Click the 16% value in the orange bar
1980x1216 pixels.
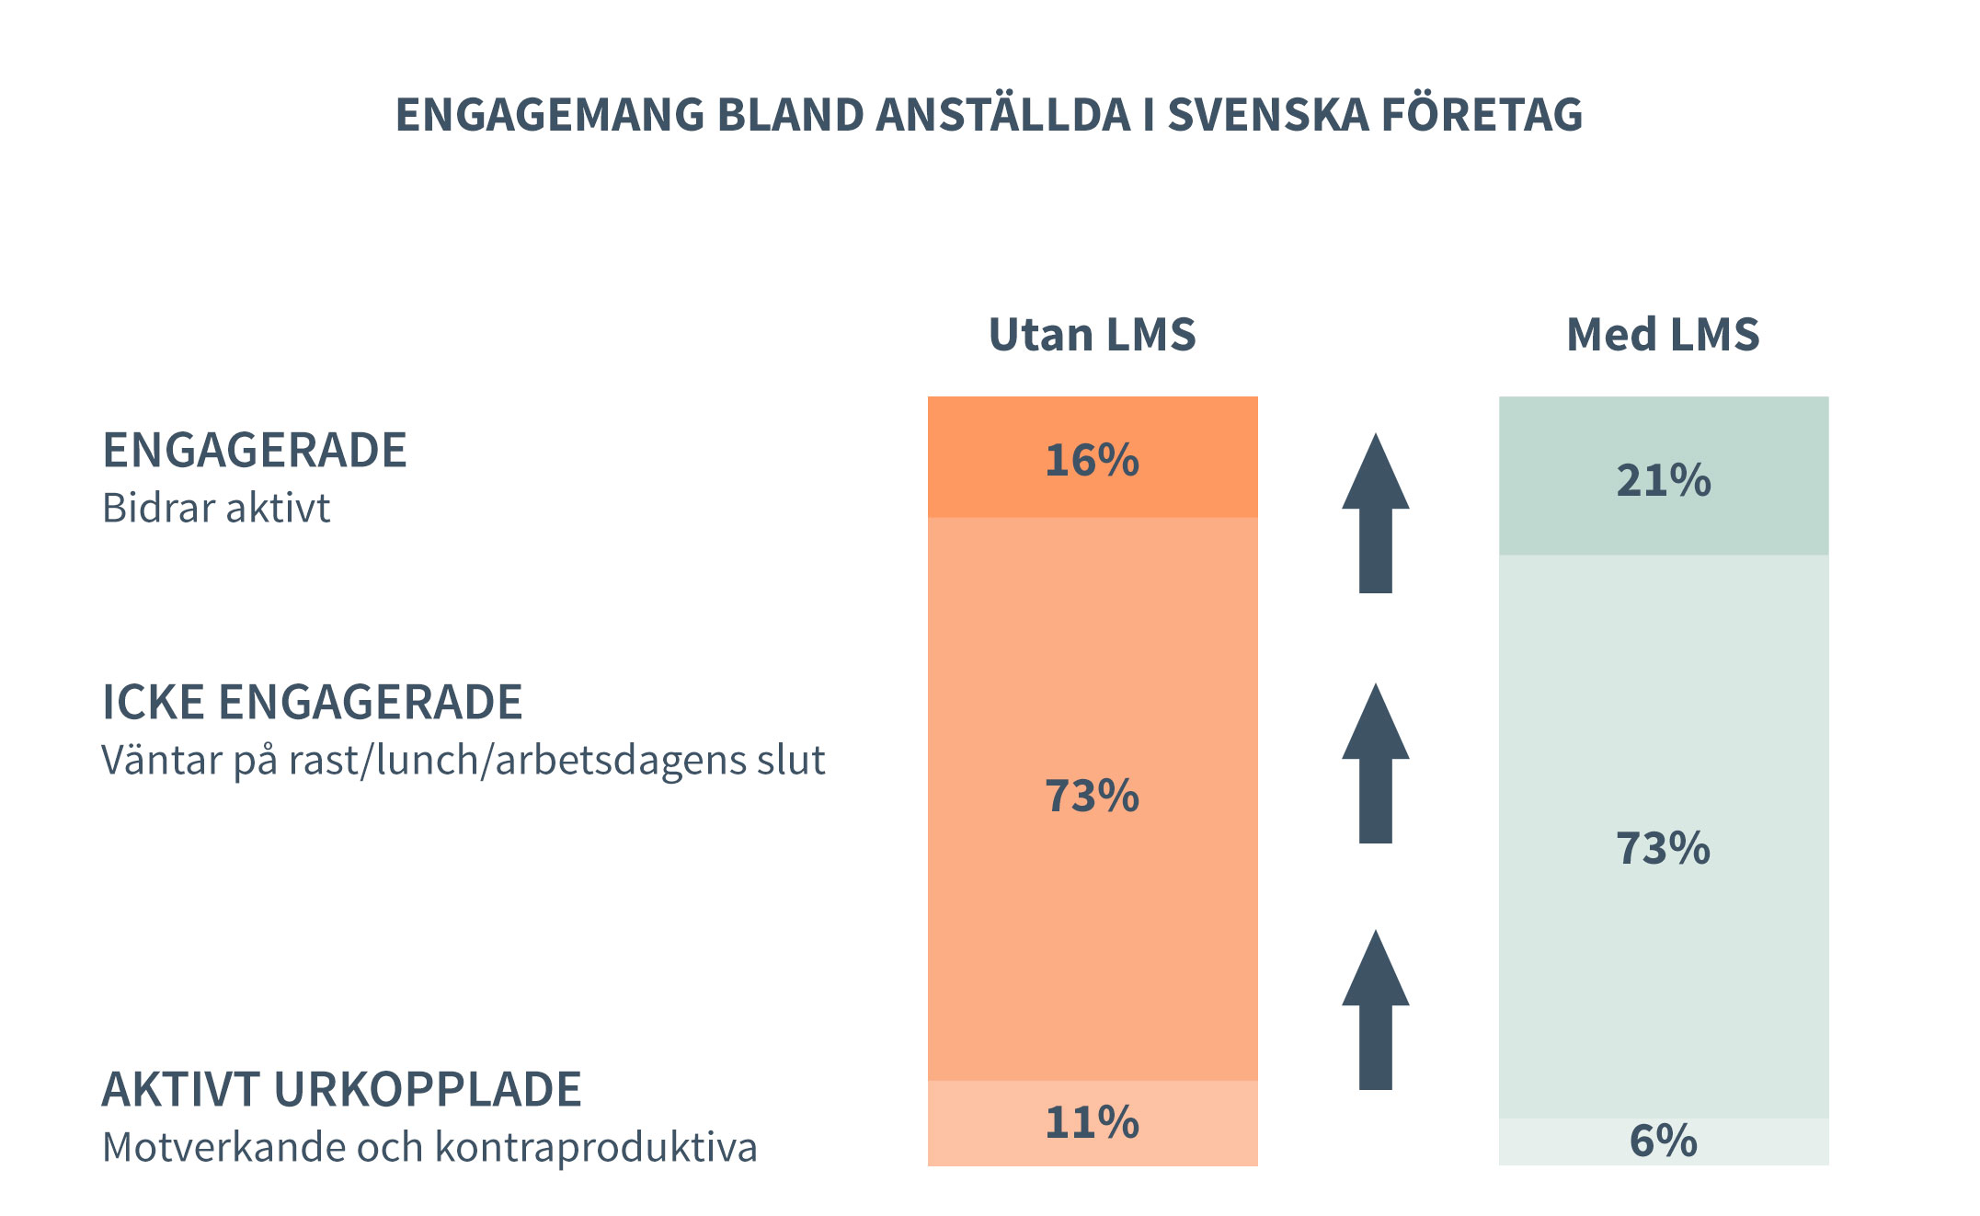coord(1092,460)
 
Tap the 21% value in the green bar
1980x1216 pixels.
coord(1664,480)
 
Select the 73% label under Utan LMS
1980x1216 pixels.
coord(1092,796)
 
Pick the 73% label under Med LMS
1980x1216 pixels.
coord(1664,847)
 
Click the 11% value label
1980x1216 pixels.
coord(1092,1122)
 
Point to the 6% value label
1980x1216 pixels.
coord(1664,1141)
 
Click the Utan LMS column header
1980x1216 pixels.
coord(1092,334)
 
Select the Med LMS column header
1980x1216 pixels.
coord(1663,334)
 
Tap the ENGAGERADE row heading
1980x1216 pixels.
coord(254,451)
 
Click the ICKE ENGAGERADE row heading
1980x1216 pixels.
coord(312,703)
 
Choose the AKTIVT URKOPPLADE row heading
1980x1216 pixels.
coord(341,1090)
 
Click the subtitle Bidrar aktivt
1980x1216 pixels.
coord(215,508)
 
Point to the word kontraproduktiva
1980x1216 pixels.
coord(596,1148)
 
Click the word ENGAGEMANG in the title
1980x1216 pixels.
coord(549,115)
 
